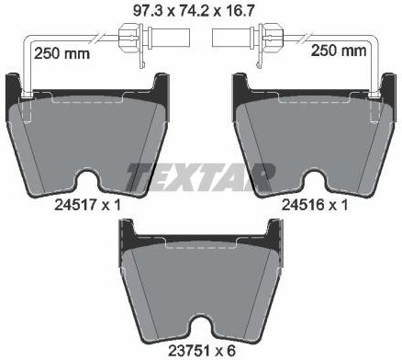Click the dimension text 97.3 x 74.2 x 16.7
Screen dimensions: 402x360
pyautogui.click(x=194, y=11)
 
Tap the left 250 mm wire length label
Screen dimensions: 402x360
pyautogui.click(x=61, y=53)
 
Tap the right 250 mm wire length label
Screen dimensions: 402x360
pyautogui.click(x=339, y=51)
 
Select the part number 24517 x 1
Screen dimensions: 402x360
pyautogui.click(x=87, y=205)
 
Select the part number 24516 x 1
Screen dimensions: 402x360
pyautogui.click(x=315, y=205)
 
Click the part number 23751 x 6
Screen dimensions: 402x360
pyautogui.click(x=202, y=351)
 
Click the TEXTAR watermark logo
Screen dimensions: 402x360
pyautogui.click(x=200, y=177)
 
